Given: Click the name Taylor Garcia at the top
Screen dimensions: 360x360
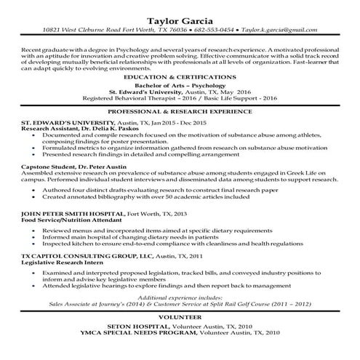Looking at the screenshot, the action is [x=179, y=18].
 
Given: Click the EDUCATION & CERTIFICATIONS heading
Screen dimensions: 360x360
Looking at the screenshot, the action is [x=179, y=76].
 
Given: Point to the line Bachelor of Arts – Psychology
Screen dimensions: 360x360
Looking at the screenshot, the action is [x=179, y=85].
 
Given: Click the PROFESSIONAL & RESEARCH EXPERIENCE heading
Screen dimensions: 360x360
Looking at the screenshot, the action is [x=179, y=111].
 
